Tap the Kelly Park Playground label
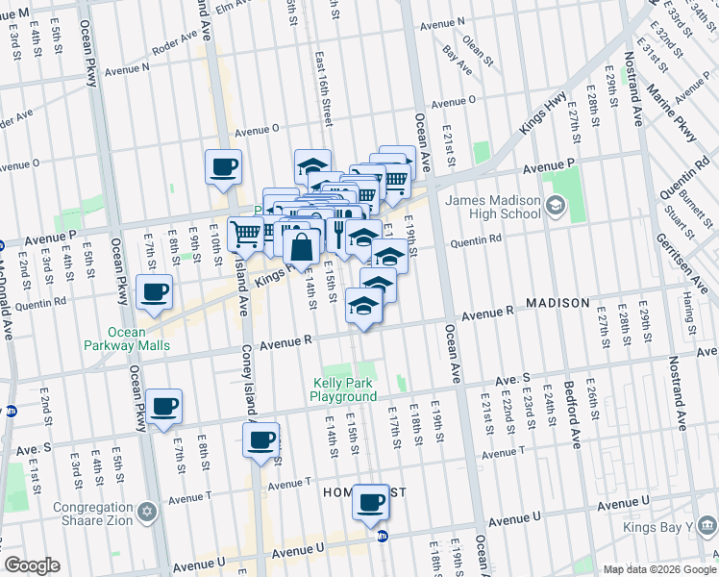coord(344,389)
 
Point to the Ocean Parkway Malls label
coord(138,339)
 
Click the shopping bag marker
coord(302,246)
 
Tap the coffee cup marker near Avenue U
coord(370,502)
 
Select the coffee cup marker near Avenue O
coord(223,167)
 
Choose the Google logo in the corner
coord(32,565)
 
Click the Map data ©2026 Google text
coord(659,569)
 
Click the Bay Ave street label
coord(457,60)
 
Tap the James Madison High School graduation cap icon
coord(555,206)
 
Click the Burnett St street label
coord(688,210)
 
